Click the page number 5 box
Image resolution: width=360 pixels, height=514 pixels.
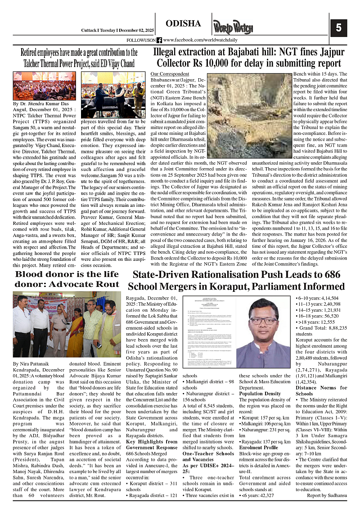[x=338, y=28]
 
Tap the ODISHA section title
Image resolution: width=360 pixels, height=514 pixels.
[x=183, y=23]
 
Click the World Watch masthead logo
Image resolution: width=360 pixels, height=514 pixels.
[x=233, y=28]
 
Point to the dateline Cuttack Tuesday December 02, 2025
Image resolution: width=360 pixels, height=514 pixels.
[x=117, y=30]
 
